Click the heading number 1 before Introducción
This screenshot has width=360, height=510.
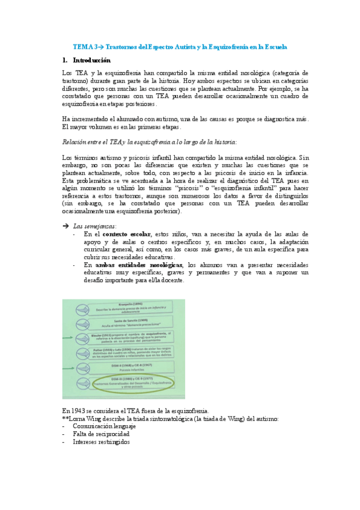[64, 61]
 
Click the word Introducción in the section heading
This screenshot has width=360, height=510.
[92, 61]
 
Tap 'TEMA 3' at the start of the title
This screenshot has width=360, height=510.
[84, 46]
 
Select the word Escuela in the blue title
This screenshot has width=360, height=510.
[275, 46]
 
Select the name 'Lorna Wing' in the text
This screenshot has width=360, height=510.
[85, 418]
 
